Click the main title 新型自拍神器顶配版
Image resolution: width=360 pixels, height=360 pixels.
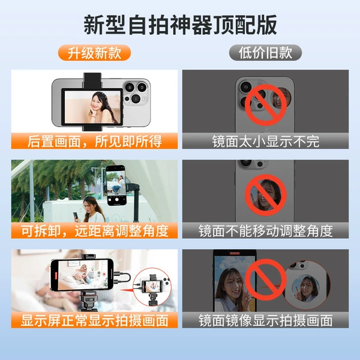(x=180, y=25)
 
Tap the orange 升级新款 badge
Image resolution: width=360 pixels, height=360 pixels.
(x=94, y=53)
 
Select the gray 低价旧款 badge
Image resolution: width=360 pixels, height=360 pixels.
(x=265, y=53)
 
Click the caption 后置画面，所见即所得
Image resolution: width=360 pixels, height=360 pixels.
(x=94, y=141)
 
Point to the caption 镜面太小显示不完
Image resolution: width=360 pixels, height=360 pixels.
(x=266, y=141)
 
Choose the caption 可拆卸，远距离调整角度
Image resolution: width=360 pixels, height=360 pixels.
(x=95, y=231)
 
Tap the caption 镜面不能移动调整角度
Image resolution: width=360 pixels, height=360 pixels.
(x=266, y=231)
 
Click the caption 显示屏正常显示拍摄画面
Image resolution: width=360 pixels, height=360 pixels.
(x=95, y=320)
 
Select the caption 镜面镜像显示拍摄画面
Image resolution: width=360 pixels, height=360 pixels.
(x=266, y=320)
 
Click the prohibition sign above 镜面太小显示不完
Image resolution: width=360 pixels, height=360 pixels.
(x=265, y=104)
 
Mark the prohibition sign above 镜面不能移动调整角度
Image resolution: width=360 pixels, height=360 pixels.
(x=265, y=194)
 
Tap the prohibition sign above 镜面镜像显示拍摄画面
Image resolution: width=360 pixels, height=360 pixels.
(x=265, y=280)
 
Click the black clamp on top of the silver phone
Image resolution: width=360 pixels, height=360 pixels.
(x=92, y=80)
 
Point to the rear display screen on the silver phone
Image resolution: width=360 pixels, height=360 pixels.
(x=92, y=107)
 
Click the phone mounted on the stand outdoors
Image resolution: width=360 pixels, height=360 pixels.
(x=116, y=185)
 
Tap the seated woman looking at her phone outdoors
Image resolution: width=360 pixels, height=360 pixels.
(x=92, y=209)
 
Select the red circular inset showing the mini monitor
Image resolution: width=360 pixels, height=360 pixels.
(x=152, y=287)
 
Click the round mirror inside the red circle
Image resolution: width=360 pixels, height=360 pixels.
(x=305, y=289)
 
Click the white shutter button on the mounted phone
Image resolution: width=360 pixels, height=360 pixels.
(x=116, y=200)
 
